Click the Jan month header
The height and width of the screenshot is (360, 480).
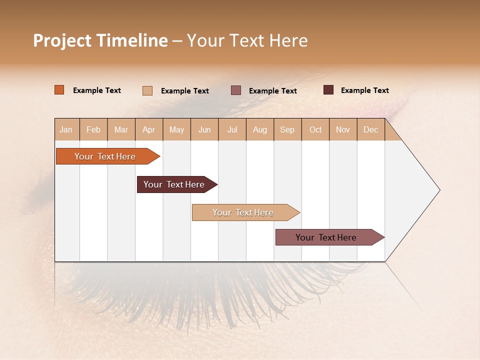coord(66,129)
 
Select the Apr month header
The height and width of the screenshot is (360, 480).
coord(148,129)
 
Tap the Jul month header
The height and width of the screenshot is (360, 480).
coord(232,129)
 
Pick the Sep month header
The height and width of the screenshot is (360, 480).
coord(287,129)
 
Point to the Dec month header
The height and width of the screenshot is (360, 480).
coord(370,129)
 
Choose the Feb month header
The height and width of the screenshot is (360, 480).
coord(93,129)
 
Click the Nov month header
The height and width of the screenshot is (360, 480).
coord(342,129)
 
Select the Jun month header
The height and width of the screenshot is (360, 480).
coord(204,129)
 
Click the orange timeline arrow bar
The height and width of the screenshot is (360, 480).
coord(105,156)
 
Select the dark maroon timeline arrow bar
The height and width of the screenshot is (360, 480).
coord(174,184)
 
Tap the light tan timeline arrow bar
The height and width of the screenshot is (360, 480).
coord(243,212)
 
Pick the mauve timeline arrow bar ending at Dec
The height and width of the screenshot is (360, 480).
coord(326,237)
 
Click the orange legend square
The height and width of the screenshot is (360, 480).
coord(59,90)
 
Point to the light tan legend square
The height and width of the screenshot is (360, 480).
coord(147,90)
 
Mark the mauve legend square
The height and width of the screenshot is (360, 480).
coord(236,90)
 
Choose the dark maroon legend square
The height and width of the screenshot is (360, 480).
coord(328,90)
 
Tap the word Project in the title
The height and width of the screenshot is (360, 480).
coord(62,40)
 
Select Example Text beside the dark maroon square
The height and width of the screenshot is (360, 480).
coord(364,90)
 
